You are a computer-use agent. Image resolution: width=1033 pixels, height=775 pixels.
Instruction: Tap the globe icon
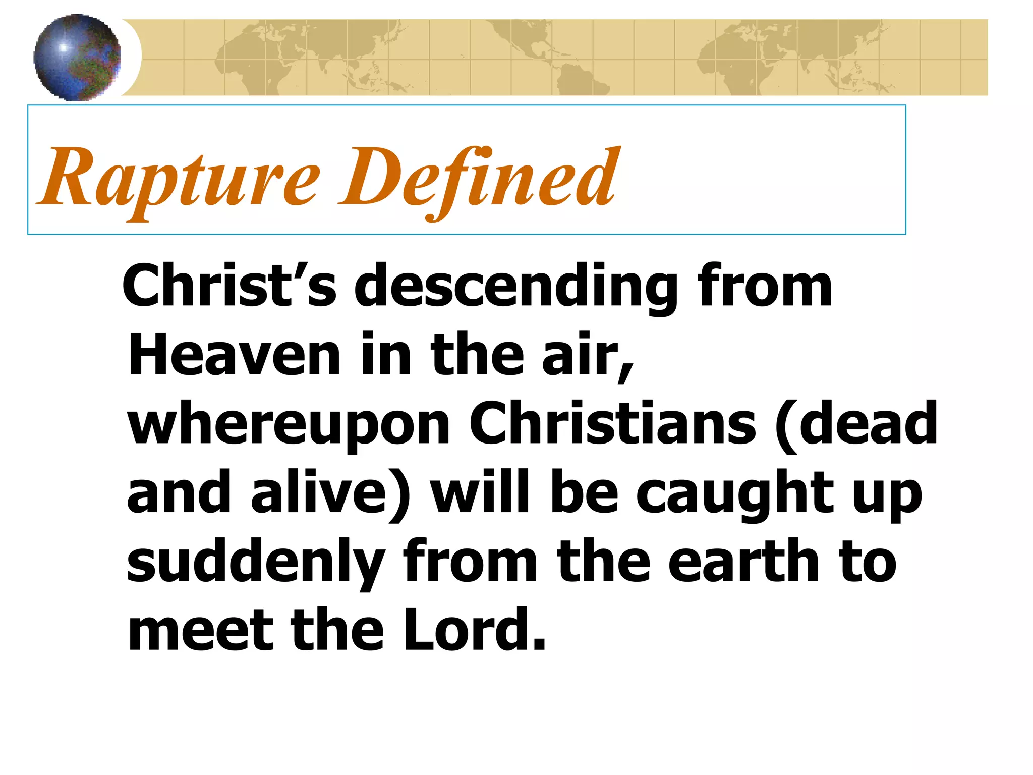tap(77, 58)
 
